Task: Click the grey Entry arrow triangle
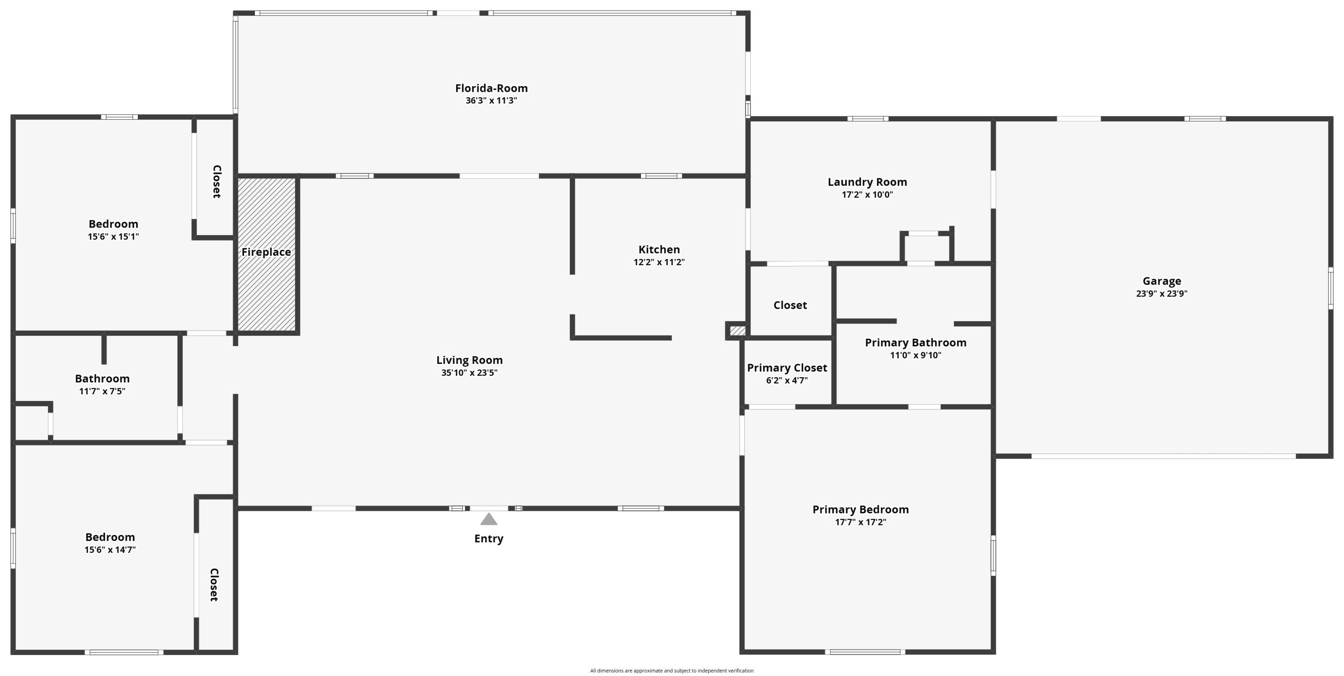[488, 519]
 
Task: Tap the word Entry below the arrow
[488, 538]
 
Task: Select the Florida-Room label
[491, 88]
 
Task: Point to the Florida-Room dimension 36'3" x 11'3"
[491, 101]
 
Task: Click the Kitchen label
[659, 250]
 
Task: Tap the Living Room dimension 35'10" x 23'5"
[469, 372]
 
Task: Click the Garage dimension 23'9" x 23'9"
[1161, 294]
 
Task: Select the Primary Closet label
[787, 368]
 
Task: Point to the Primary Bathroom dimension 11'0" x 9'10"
[915, 355]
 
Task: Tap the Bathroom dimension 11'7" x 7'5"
[102, 391]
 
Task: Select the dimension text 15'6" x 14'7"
[110, 550]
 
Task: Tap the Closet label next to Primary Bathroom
[790, 305]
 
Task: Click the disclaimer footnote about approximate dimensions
[672, 671]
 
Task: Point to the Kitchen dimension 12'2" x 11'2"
[659, 263]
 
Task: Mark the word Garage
[1161, 281]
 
